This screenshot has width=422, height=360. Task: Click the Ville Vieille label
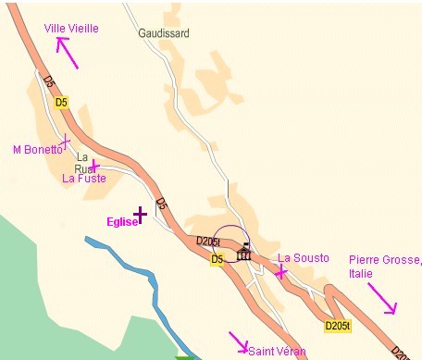point(70,29)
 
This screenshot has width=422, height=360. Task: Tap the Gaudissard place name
point(164,33)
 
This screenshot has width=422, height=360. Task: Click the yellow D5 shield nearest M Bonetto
point(61,102)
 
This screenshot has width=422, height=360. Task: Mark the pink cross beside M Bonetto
point(66,141)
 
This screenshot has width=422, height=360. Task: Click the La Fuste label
point(84,179)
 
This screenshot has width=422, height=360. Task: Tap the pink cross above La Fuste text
point(94,165)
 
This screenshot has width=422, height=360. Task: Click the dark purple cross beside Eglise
point(140,215)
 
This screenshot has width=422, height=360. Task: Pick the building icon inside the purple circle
point(244,253)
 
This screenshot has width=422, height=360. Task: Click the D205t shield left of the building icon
point(208,242)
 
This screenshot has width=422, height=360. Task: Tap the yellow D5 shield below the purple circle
point(217,259)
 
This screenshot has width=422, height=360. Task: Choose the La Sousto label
point(304,258)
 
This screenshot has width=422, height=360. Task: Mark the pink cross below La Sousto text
point(280,272)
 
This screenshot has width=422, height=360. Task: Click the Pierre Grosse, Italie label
point(377,267)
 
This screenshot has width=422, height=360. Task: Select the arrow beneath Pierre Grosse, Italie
point(382,297)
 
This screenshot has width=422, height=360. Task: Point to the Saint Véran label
point(277,352)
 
